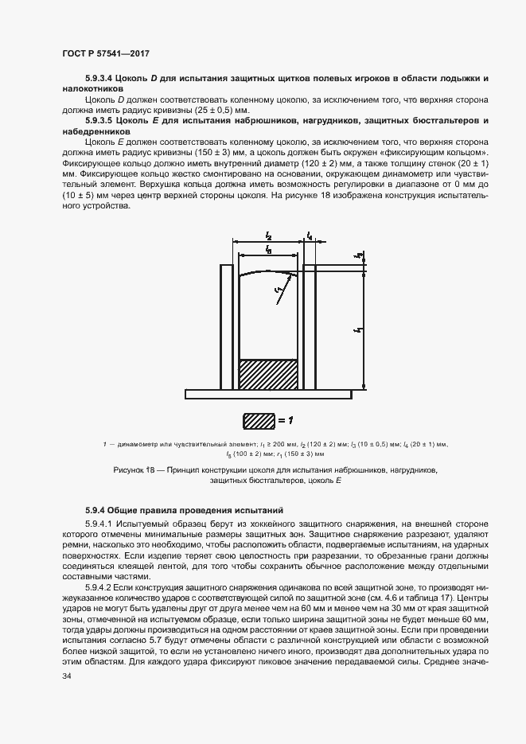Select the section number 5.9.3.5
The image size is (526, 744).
pos(101,120)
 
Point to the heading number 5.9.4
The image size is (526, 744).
pos(97,509)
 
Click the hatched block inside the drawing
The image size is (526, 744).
pos(268,374)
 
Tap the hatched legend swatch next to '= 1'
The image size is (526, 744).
pos(258,419)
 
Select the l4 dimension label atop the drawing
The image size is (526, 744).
pos(310,236)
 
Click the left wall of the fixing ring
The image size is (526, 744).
pos(226,326)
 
